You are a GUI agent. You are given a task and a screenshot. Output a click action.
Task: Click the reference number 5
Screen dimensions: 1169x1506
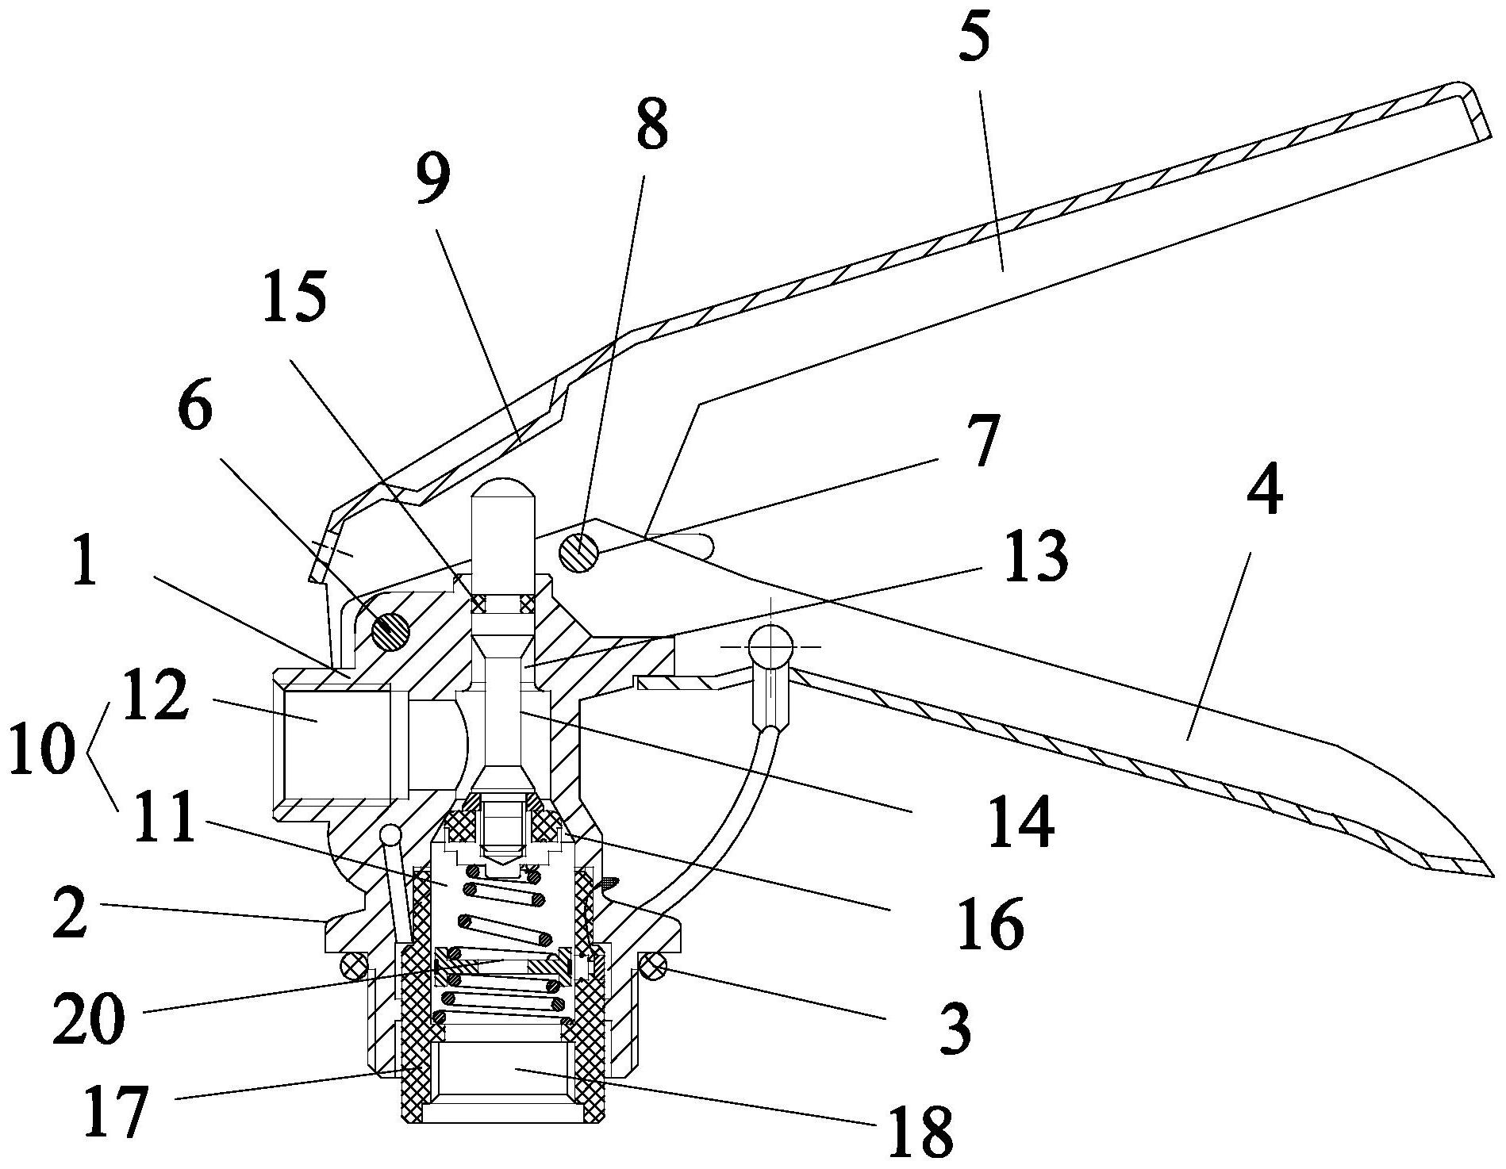(975, 36)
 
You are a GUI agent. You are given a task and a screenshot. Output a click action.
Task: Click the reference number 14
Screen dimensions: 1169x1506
(1021, 822)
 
